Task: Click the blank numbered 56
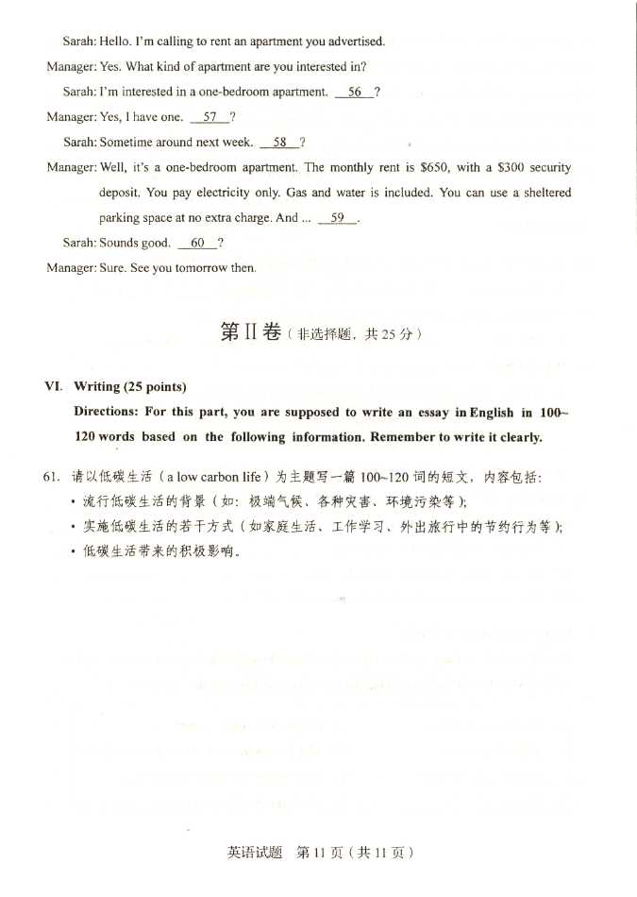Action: point(355,93)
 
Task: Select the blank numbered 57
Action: point(210,117)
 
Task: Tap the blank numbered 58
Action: point(279,143)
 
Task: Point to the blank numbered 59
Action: point(337,218)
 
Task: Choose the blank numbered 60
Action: point(197,243)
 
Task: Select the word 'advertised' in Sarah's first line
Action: point(356,42)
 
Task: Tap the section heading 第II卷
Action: point(250,333)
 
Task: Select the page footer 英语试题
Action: point(255,853)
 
